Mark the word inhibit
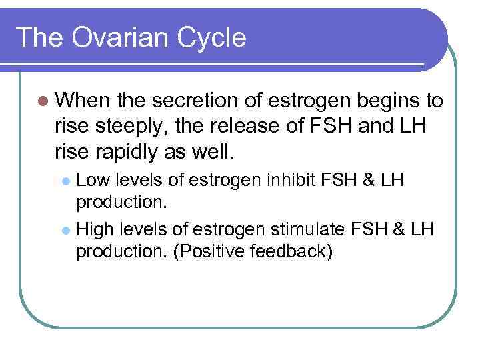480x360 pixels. tap(304, 180)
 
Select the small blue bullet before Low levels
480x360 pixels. tap(65, 181)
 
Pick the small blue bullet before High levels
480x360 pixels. tap(65, 231)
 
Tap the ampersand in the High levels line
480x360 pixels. tap(399, 230)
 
